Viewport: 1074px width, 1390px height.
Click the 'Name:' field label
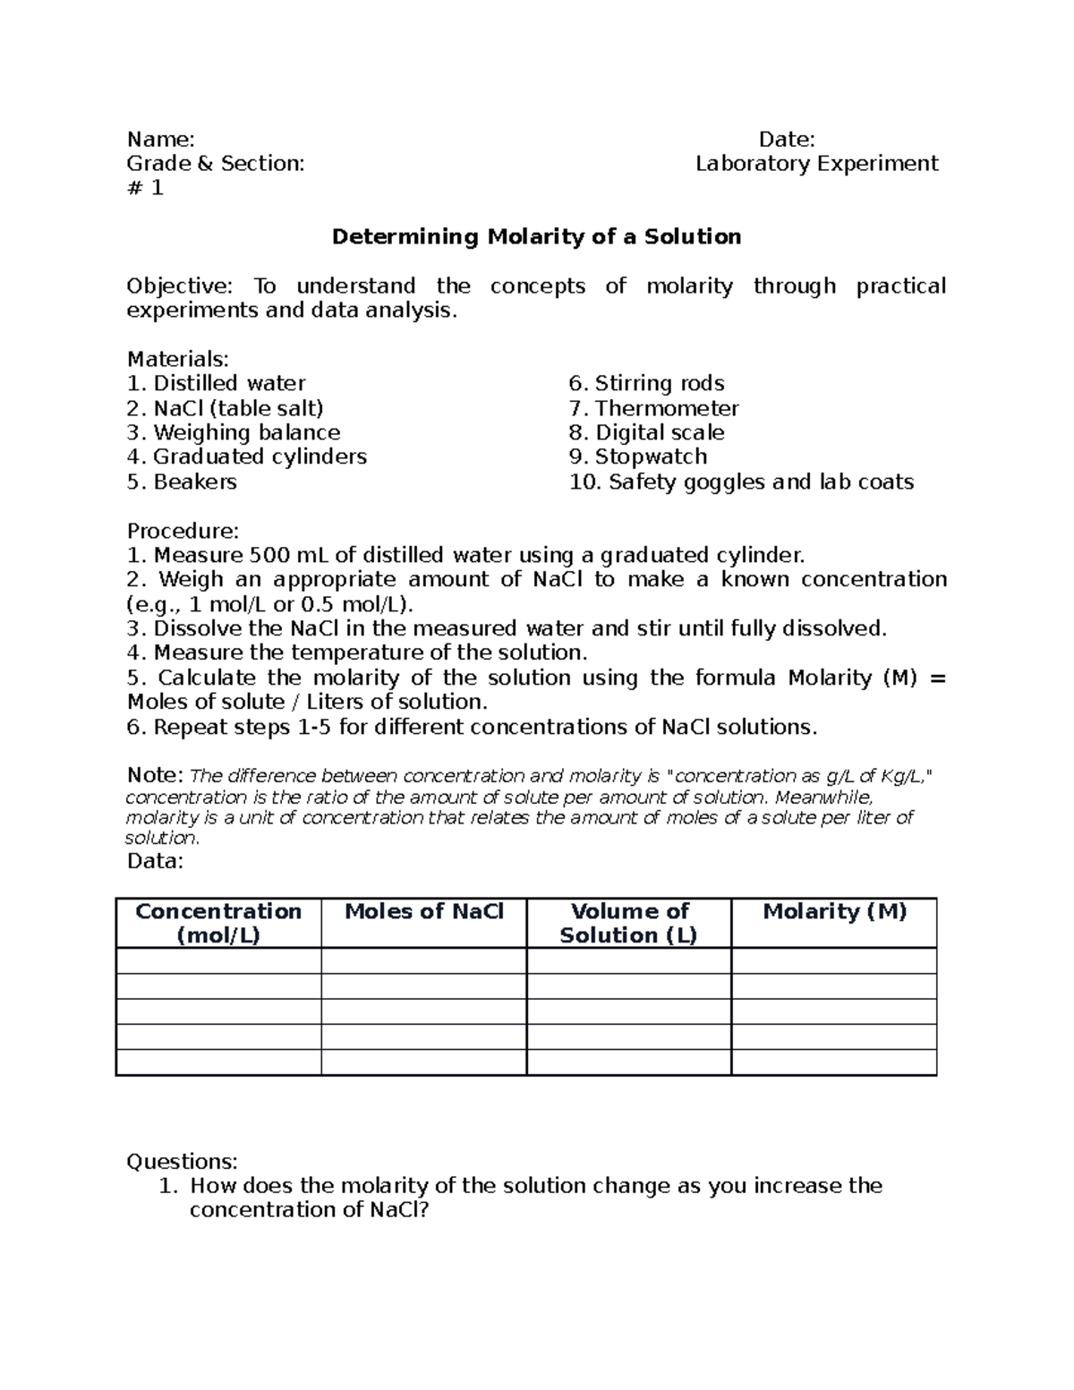tap(160, 140)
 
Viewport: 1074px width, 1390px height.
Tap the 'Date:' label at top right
tap(787, 140)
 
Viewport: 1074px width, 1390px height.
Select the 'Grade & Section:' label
tap(215, 164)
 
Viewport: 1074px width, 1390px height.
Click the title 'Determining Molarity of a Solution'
tap(536, 237)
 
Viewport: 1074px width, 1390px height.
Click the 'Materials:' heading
tap(178, 360)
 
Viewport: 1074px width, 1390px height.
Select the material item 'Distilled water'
tap(229, 384)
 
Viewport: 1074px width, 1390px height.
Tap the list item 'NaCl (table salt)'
tap(237, 409)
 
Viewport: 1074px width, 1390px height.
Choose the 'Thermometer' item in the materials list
tap(667, 409)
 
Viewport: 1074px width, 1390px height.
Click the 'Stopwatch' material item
tap(651, 457)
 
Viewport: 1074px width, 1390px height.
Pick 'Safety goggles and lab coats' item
tap(761, 482)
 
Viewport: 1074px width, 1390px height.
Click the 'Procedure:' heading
tap(183, 531)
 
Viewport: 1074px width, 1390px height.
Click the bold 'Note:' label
tap(155, 775)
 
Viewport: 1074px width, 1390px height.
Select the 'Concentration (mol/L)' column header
tap(218, 924)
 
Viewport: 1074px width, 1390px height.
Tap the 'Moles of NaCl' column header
tap(424, 912)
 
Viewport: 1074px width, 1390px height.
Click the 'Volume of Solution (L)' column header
tap(629, 924)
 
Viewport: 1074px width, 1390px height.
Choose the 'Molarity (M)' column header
tap(834, 912)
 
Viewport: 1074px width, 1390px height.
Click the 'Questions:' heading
tap(183, 1162)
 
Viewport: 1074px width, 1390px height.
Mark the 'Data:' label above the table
tap(155, 861)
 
